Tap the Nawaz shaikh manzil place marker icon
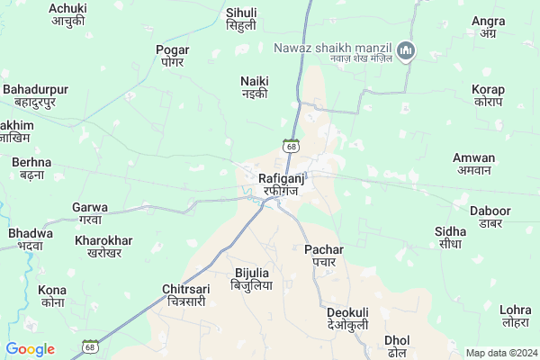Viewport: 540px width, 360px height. pos(406,50)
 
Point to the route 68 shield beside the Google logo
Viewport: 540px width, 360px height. pos(89,346)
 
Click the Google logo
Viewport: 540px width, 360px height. pos(30,349)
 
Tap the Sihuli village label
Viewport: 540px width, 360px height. pos(241,19)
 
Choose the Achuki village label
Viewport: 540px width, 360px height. pos(67,13)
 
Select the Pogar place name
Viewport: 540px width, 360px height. pos(173,56)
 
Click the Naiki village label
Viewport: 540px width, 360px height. pos(255,86)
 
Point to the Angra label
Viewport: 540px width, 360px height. pos(488,27)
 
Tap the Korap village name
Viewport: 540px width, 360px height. pos(488,95)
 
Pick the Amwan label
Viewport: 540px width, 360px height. pos(473,163)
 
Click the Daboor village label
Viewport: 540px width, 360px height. pos(490,217)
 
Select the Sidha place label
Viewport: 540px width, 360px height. pos(450,238)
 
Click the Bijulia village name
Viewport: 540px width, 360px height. pos(251,278)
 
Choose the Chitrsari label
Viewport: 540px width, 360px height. pos(185,295)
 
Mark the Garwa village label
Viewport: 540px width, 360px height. pos(90,213)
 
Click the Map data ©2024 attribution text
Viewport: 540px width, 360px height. pos(499,353)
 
